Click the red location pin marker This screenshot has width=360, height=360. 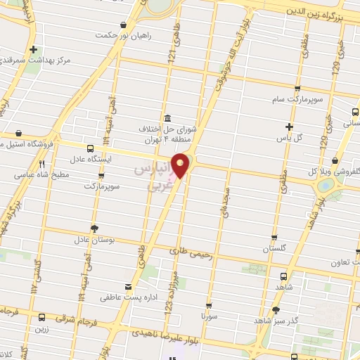(x=181, y=165)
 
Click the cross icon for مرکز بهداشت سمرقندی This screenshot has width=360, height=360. (x=34, y=49)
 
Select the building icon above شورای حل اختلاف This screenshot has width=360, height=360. (x=167, y=118)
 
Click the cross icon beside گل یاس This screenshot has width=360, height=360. (x=289, y=127)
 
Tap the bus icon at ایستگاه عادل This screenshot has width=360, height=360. (x=89, y=148)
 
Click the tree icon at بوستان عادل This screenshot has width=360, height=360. (x=94, y=228)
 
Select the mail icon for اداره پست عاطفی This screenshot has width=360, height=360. (x=127, y=286)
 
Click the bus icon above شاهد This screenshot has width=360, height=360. (x=283, y=276)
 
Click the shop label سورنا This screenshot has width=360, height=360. (x=209, y=317)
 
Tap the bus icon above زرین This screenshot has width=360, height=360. (x=41, y=317)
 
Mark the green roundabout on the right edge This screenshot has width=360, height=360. (x=326, y=186)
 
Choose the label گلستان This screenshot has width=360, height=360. (x=275, y=249)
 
